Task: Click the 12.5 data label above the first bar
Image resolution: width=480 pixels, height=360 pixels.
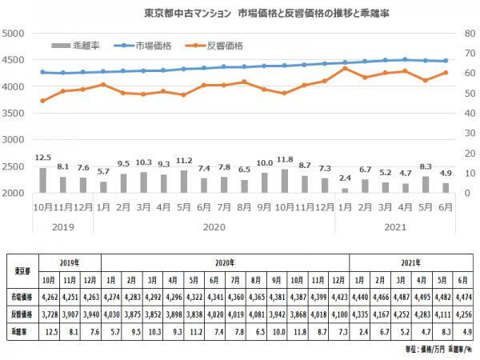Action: tap(43, 158)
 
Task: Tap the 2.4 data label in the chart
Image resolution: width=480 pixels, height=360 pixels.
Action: tap(345, 178)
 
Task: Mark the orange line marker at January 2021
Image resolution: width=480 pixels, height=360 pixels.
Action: tap(345, 69)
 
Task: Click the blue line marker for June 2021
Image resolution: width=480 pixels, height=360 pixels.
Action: tap(446, 61)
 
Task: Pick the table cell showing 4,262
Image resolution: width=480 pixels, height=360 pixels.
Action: tap(50, 296)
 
